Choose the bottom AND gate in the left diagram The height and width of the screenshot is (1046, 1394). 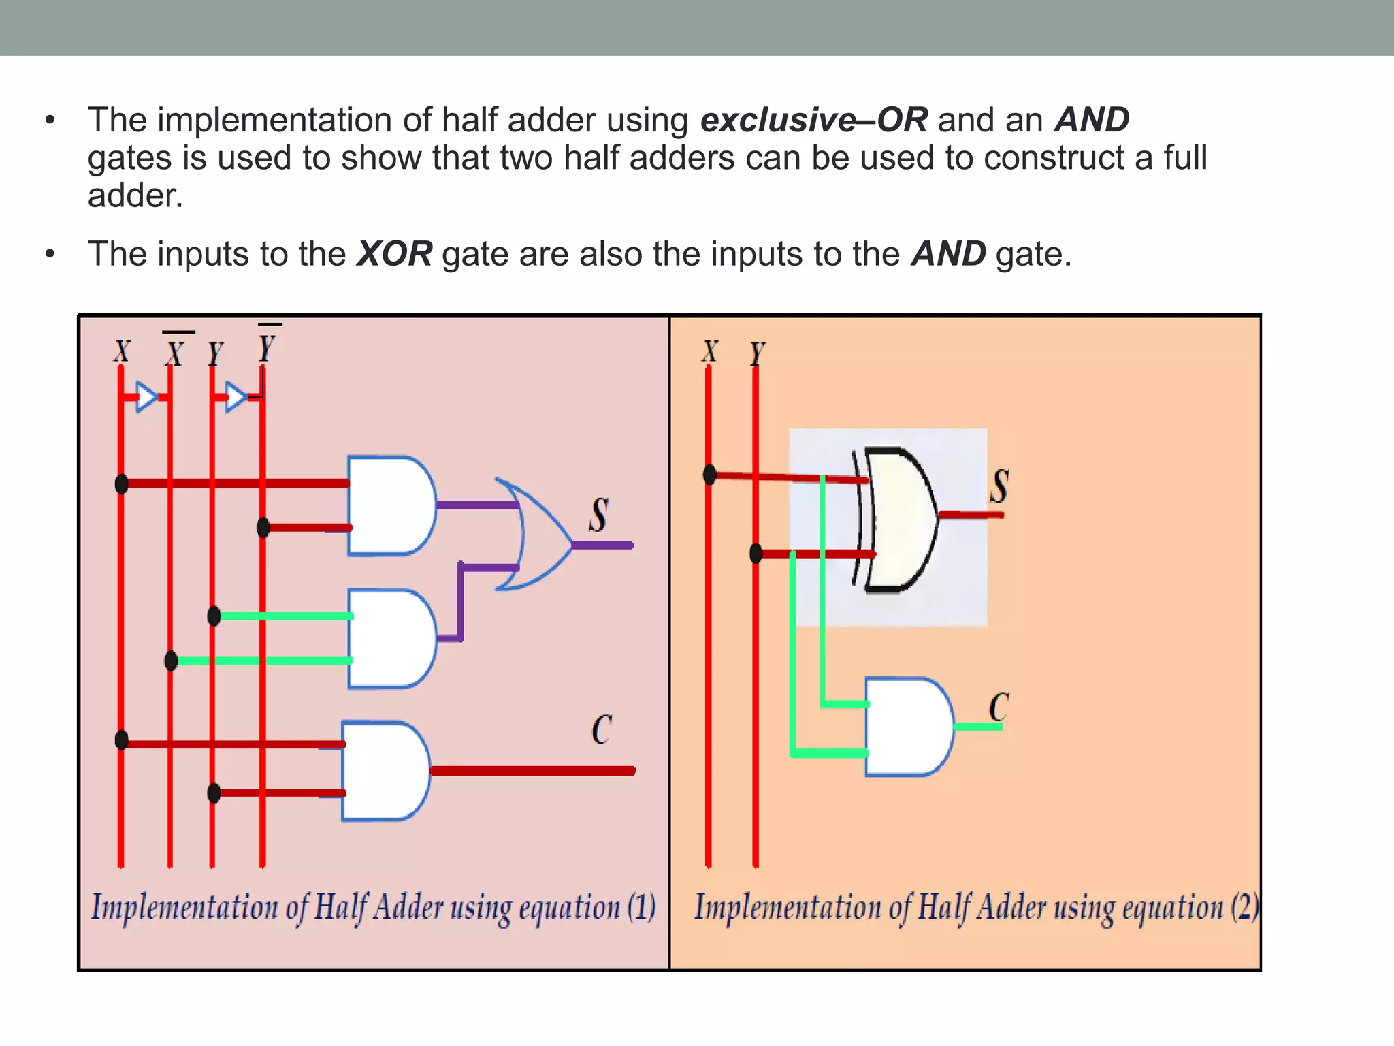[385, 770]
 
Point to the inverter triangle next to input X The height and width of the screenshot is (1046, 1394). [146, 396]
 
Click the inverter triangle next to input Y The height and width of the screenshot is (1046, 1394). [235, 396]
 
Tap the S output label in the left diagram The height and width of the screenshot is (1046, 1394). [598, 515]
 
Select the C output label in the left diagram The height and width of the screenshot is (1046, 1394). [601, 730]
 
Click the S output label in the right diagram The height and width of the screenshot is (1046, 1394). [999, 486]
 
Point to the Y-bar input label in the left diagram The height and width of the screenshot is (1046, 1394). [267, 346]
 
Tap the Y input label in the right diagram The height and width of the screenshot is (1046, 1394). [757, 353]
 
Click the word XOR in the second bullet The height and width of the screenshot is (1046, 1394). [395, 254]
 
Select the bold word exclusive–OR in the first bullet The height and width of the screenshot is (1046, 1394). [813, 120]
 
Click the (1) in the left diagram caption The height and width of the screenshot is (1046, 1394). [641, 907]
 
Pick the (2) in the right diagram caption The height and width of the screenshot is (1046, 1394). [1245, 907]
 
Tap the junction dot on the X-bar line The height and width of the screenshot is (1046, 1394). [172, 661]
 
